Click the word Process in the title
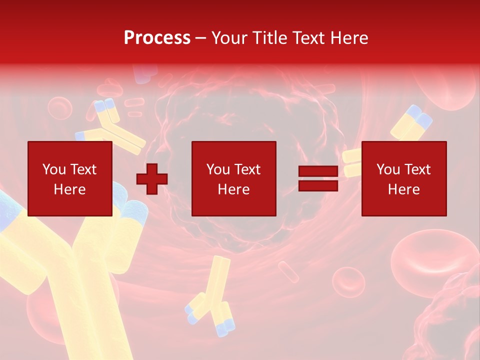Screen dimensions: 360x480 [x=157, y=38]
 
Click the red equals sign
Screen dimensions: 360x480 [x=318, y=178]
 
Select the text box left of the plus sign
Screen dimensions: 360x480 [x=69, y=178]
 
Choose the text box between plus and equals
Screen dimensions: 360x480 [x=233, y=178]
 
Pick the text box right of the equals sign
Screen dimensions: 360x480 [x=403, y=178]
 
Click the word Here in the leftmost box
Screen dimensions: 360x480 [x=69, y=189]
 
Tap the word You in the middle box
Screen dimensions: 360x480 [x=218, y=169]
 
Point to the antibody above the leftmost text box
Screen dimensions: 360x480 [x=112, y=125]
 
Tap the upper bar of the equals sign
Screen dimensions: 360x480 [x=318, y=171]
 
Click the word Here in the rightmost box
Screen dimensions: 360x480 [x=403, y=189]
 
